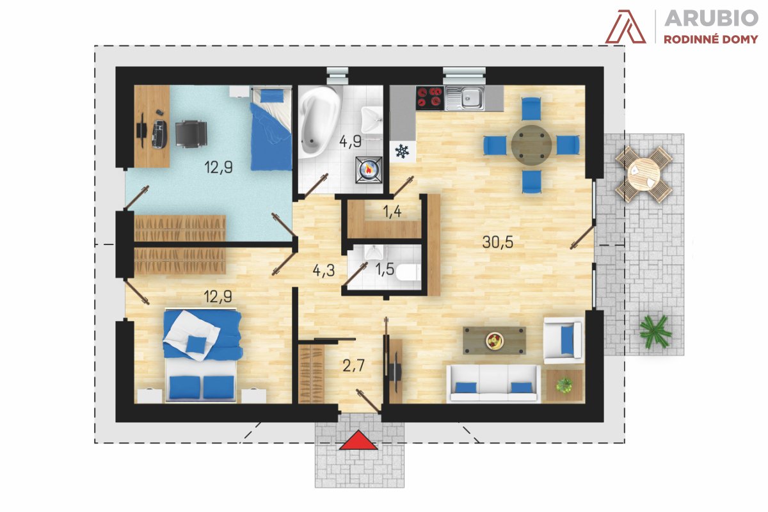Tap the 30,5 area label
497,242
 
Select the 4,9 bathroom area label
350,141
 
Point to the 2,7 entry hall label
353,366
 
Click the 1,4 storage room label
392,212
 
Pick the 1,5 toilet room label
385,269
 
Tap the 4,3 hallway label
324,271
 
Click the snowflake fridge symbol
402,151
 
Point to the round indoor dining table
531,145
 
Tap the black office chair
191,134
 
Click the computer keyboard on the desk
159,134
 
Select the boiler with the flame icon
369,169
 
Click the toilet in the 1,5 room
408,272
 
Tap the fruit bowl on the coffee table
494,341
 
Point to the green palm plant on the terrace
655,332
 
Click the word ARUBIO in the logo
711,18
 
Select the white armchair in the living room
564,340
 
